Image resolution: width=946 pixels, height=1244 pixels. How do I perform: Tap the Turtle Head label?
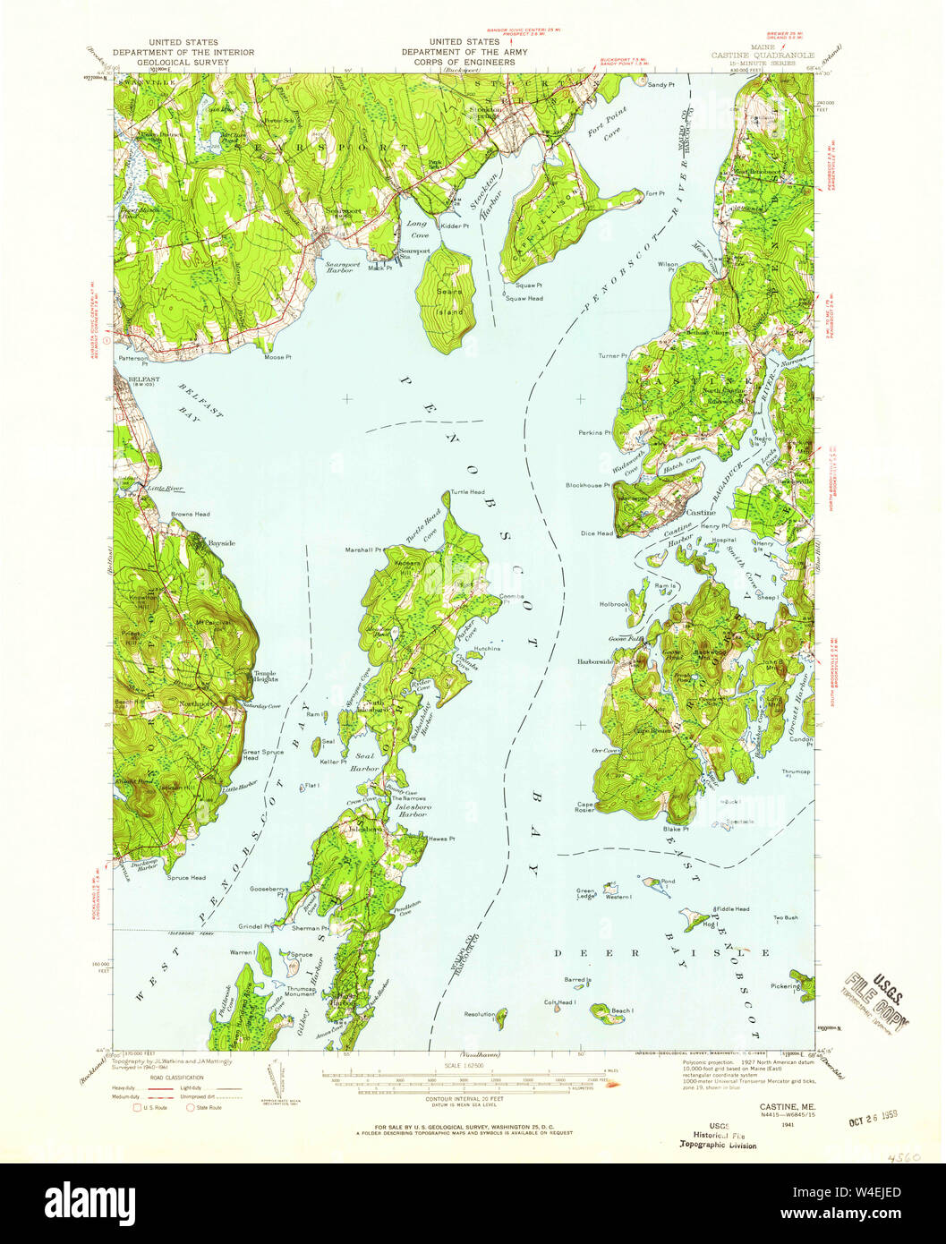point(467,492)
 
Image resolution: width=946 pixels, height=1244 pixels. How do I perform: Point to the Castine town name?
point(700,513)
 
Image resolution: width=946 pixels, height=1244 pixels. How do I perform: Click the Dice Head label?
point(597,533)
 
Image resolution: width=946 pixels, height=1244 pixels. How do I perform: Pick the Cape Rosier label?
point(585,807)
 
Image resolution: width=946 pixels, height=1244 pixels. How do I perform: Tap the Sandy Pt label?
point(660,83)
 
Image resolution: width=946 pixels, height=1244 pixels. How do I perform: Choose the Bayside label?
point(221,543)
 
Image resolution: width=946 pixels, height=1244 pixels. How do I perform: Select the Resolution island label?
point(479,1014)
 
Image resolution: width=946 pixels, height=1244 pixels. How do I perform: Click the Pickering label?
point(784,986)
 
